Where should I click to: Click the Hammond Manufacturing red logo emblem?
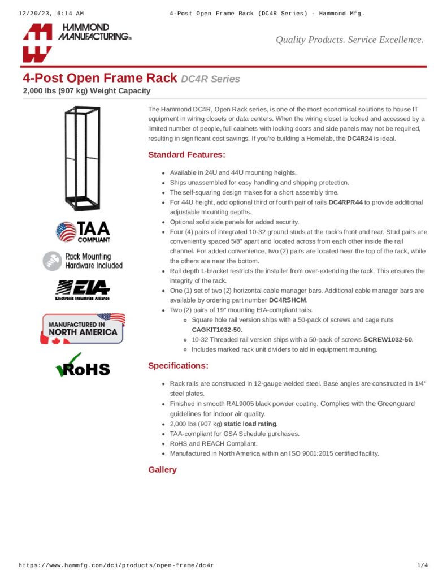pyautogui.click(x=37, y=43)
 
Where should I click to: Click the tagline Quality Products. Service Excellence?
pyautogui.click(x=349, y=40)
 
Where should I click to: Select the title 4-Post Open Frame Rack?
pyautogui.click(x=99, y=78)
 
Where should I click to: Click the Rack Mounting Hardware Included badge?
pyautogui.click(x=83, y=261)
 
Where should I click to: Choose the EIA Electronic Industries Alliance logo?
pyautogui.click(x=83, y=289)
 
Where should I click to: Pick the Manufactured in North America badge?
pyautogui.click(x=83, y=329)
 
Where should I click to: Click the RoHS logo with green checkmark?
pyautogui.click(x=83, y=366)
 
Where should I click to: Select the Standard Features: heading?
pyautogui.click(x=186, y=154)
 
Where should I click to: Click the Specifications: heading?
pyautogui.click(x=178, y=365)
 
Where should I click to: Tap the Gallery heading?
pyautogui.click(x=162, y=470)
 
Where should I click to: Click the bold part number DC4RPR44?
pyautogui.click(x=346, y=202)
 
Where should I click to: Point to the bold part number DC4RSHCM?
pyautogui.click(x=288, y=300)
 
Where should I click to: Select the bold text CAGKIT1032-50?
pyautogui.click(x=216, y=330)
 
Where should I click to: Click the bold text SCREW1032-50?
pyautogui.click(x=388, y=340)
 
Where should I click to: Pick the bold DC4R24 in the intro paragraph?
pyautogui.click(x=359, y=139)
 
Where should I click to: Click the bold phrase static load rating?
pyautogui.click(x=250, y=424)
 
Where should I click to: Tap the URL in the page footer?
pyautogui.click(x=116, y=565)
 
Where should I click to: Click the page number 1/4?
pyautogui.click(x=422, y=565)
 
